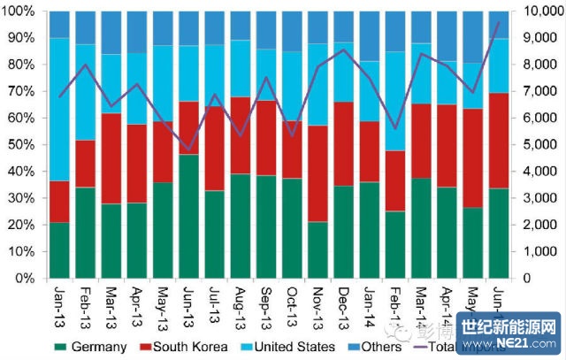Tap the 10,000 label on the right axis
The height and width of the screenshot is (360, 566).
539,11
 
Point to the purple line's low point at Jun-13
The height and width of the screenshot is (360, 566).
188,151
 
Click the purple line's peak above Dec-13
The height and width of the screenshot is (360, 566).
344,50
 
